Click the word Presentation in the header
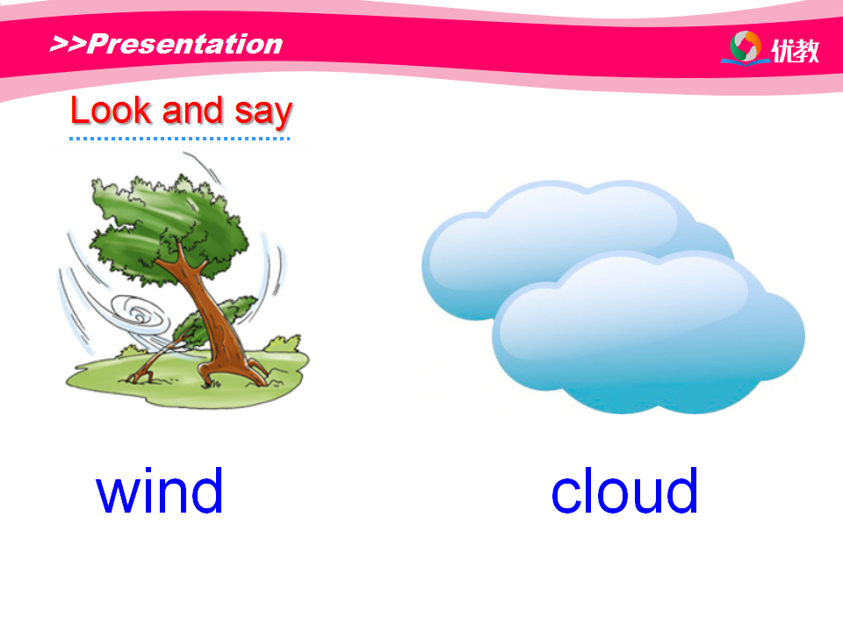[184, 44]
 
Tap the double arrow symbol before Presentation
[68, 44]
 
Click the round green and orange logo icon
[746, 47]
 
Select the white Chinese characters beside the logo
[796, 51]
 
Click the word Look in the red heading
[111, 111]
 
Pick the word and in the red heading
[192, 111]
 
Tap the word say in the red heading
[263, 114]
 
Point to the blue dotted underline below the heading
[179, 139]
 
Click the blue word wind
[159, 490]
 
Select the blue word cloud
[624, 490]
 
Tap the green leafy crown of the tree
[167, 226]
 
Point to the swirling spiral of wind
[140, 318]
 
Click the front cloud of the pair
[648, 334]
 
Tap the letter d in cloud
[681, 490]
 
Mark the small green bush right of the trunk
[282, 344]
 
